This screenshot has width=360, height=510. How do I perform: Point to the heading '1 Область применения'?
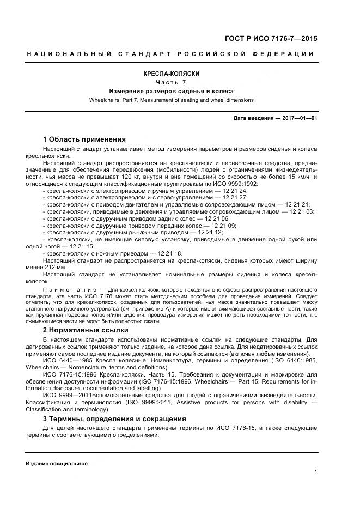coord(84,139)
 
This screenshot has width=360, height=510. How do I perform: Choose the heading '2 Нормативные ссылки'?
coord(86,330)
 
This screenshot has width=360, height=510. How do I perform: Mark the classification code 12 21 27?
coord(238,198)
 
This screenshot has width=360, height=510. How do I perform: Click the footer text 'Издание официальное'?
coord(57,463)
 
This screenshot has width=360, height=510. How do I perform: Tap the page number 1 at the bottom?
coord(316,472)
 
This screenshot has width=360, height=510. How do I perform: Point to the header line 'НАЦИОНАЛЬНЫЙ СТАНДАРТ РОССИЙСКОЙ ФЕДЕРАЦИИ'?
coord(170,54)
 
